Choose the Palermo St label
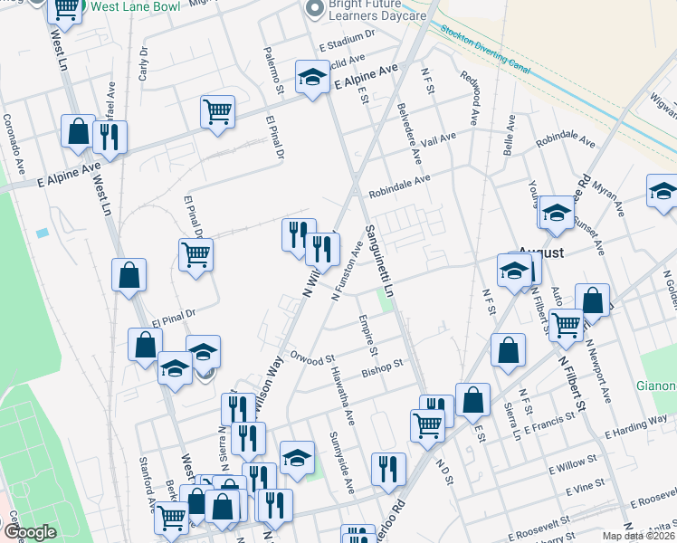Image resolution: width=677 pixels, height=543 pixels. coord(273,70)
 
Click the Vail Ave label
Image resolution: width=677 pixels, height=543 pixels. coord(438,139)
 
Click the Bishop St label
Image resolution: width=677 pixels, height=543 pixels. coord(380,367)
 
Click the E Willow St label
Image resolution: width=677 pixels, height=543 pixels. coord(577,468)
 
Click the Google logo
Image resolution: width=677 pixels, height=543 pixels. coord(29,531)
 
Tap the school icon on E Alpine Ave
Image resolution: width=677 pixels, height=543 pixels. coord(311,78)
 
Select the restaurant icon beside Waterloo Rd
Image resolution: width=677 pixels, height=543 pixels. coord(388,469)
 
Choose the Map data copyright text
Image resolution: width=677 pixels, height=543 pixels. coord(638,536)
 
